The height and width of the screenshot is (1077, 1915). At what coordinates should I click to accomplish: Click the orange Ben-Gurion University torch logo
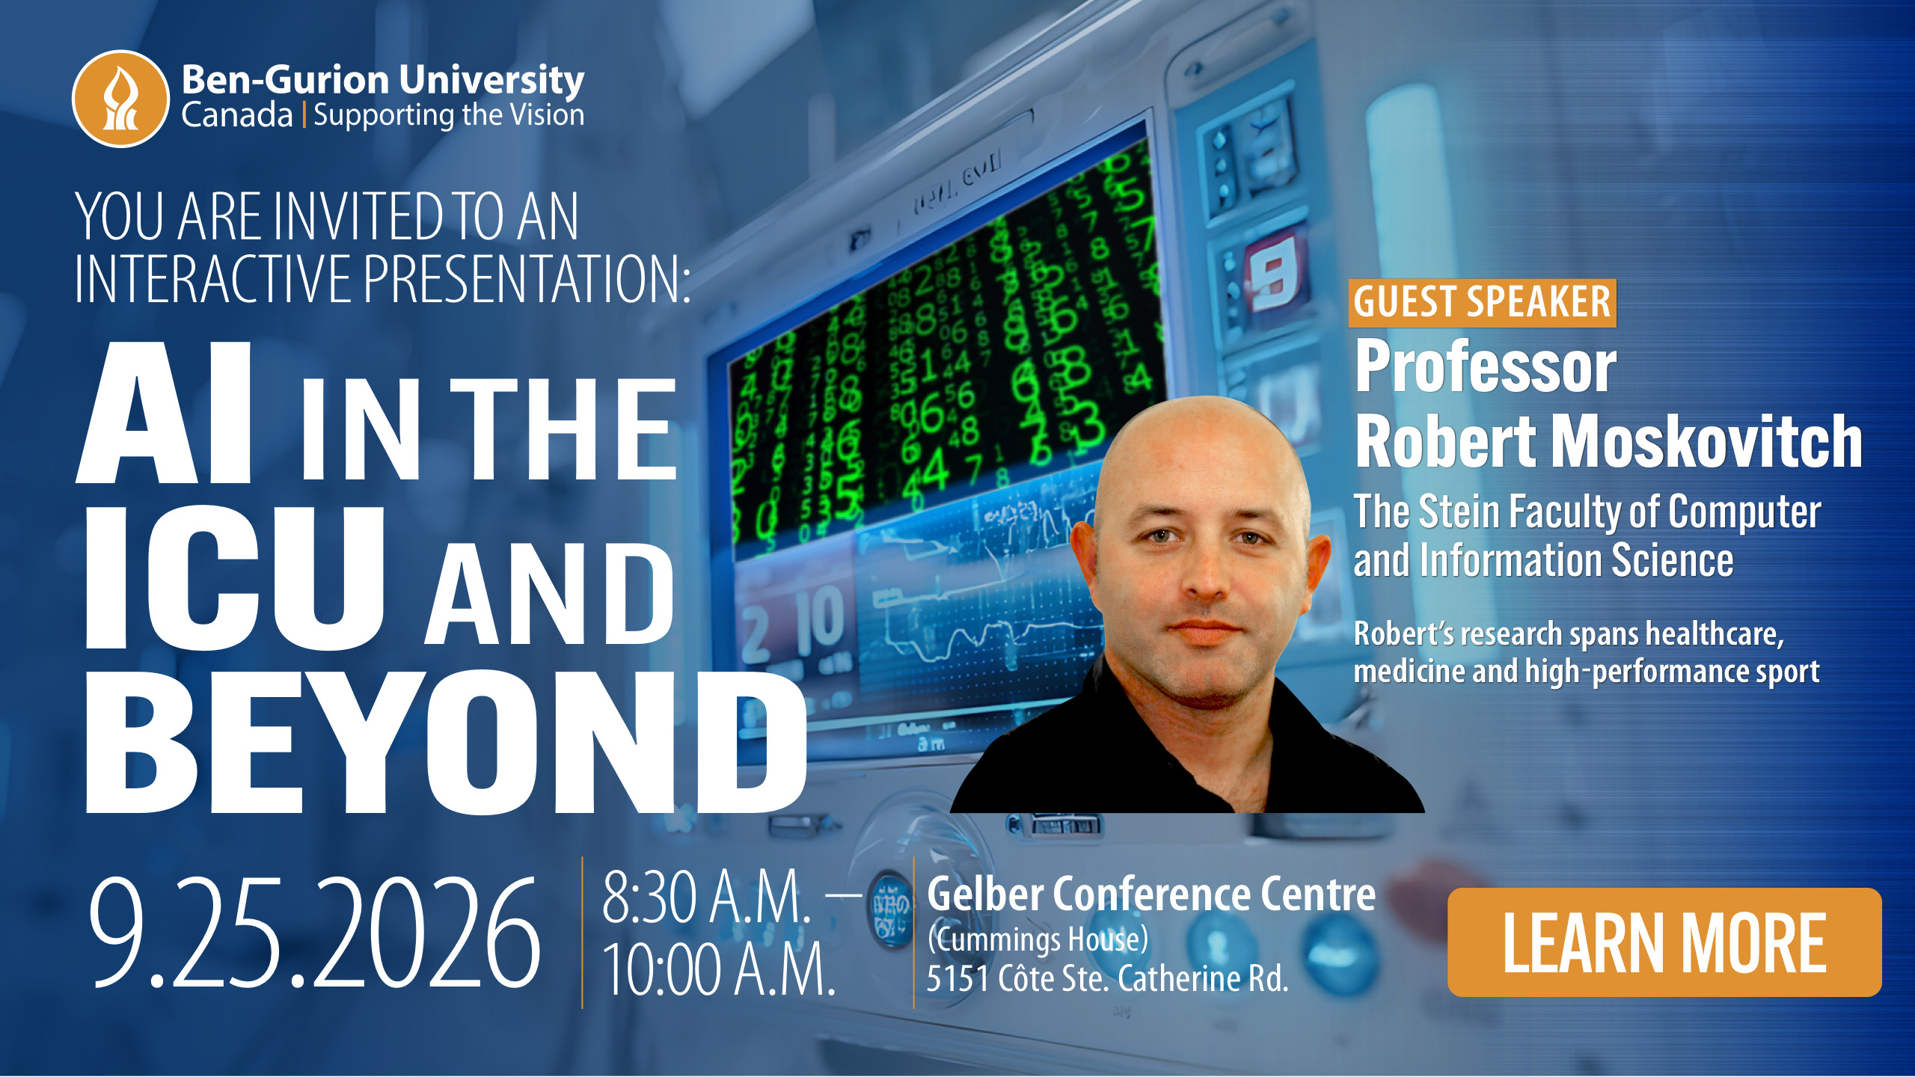(120, 99)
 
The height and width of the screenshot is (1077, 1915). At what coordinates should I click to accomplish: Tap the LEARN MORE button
(1664, 942)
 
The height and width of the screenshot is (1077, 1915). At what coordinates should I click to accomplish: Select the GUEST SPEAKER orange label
(1483, 303)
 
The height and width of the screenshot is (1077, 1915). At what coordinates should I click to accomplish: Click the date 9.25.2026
(314, 933)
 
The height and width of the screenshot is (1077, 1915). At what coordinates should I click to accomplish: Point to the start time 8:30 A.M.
(707, 897)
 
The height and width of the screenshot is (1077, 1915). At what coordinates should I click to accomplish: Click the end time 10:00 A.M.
(719, 969)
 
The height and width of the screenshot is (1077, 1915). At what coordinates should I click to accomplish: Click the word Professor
(1486, 366)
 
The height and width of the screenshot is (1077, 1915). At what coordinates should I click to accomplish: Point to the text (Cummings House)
(1038, 939)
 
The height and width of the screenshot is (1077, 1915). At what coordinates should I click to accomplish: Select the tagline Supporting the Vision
(449, 115)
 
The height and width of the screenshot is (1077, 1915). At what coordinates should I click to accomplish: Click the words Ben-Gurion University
(383, 79)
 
